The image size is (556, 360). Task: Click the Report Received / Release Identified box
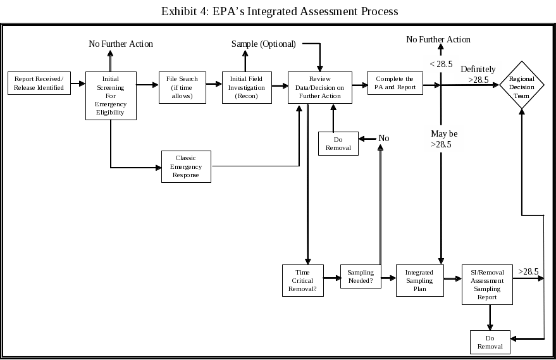tap(39, 83)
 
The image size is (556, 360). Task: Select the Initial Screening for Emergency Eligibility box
tap(111, 95)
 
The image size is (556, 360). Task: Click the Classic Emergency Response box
tap(186, 166)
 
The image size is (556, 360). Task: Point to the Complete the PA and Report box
tap(395, 83)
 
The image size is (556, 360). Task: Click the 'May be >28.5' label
tap(444, 139)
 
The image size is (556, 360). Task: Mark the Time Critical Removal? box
tap(302, 280)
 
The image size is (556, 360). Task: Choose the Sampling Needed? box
tap(361, 276)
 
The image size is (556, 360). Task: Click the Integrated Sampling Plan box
tap(419, 280)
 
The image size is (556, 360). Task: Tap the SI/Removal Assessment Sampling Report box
tap(487, 284)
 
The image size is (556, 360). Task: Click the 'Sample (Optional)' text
tap(263, 44)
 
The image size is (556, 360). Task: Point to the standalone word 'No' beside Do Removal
tap(384, 138)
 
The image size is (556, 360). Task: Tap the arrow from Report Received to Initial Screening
tap(78, 83)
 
